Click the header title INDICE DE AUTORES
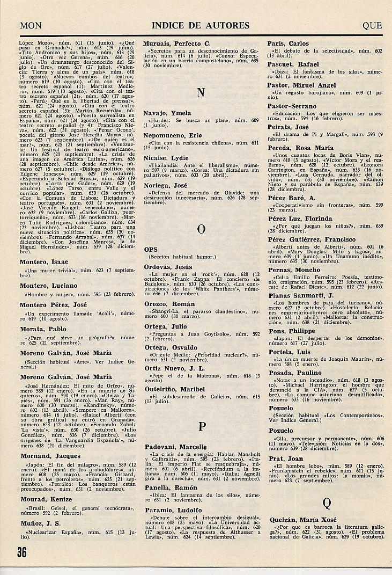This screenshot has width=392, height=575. (x=201, y=25)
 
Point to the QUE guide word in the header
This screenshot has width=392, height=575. (x=372, y=25)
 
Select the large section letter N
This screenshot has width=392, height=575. (x=201, y=92)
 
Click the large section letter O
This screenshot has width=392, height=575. (x=201, y=229)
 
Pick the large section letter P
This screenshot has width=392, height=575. (x=202, y=427)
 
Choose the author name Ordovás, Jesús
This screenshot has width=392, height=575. (x=168, y=267)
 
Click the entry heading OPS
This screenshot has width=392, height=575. (x=151, y=250)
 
